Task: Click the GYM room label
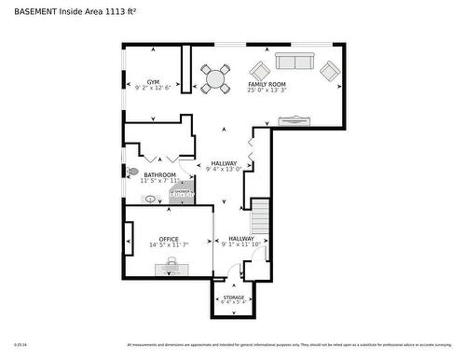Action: click(153, 82)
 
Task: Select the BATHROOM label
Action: click(159, 174)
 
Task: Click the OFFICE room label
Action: click(168, 239)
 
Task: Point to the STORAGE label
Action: click(233, 298)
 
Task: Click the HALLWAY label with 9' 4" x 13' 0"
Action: click(224, 163)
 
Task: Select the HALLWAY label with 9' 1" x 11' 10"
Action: click(241, 239)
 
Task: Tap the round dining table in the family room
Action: click(216, 78)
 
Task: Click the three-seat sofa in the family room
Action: click(294, 62)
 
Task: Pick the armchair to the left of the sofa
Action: click(258, 70)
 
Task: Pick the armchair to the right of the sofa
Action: click(329, 70)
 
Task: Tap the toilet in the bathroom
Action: click(133, 173)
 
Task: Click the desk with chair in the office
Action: click(170, 268)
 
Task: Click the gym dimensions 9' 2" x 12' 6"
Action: click(153, 88)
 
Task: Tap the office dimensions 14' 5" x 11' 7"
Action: click(168, 245)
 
